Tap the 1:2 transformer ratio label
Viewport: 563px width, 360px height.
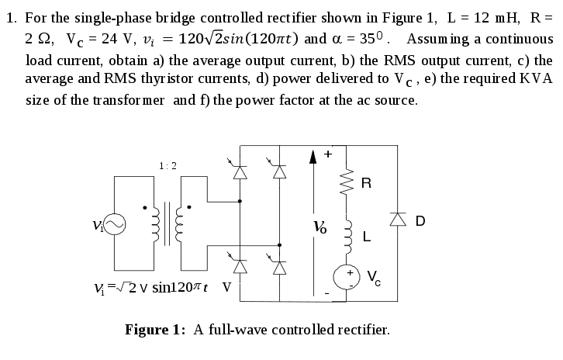coord(168,165)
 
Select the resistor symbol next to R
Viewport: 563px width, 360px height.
coord(350,183)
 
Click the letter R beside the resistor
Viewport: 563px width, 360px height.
coord(367,184)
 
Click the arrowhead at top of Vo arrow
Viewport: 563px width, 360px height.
coord(314,159)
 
